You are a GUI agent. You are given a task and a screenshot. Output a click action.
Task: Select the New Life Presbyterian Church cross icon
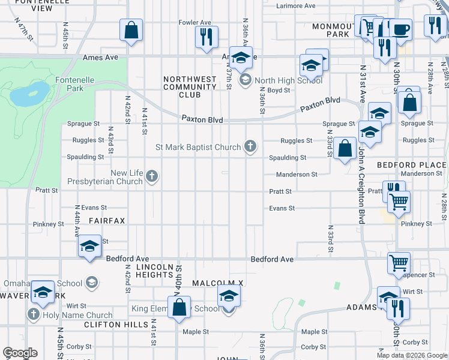152,176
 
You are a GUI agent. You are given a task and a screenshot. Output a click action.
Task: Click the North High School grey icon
245,80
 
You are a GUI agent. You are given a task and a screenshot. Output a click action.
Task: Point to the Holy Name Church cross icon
34,314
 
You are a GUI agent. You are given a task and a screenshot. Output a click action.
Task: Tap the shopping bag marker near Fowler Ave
131,31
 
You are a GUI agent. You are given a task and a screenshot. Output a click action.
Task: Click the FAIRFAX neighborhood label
107,221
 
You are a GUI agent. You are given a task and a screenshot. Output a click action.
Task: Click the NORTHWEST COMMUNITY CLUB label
190,86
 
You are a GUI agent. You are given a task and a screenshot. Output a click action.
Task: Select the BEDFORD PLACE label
412,164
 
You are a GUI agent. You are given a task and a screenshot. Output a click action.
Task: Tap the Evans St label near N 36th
282,208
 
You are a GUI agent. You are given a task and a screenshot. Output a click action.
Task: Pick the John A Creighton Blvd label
362,186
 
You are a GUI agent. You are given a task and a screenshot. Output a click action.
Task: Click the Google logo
20,353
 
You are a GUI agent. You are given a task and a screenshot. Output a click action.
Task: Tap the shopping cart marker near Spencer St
399,263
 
